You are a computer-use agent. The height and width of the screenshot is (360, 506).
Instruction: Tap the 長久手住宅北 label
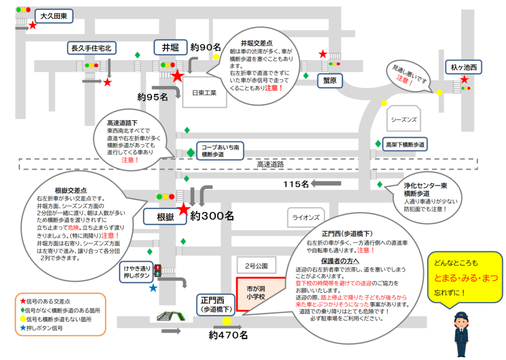[91, 48]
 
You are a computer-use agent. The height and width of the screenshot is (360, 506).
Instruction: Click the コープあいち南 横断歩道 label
[220, 151]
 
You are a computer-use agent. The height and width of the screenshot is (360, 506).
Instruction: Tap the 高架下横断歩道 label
[405, 144]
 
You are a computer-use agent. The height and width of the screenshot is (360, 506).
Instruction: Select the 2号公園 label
[256, 266]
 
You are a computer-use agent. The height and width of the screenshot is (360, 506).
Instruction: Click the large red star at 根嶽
[184, 209]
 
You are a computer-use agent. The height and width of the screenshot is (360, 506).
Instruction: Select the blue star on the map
[153, 288]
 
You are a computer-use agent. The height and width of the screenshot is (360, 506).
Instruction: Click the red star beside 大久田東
[33, 25]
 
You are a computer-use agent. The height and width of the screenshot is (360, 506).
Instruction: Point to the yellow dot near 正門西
[226, 321]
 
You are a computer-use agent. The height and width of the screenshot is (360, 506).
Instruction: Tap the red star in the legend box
[23, 301]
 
